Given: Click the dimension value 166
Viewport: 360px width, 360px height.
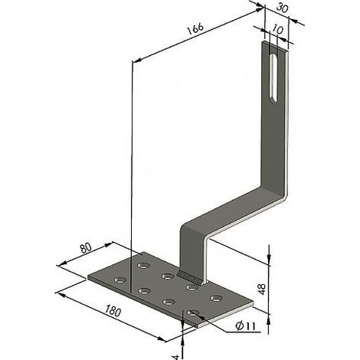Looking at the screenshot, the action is (x=195, y=29).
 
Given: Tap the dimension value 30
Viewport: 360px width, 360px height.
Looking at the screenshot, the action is (x=282, y=8).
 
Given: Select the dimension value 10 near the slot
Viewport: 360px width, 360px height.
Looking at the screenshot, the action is (x=277, y=30).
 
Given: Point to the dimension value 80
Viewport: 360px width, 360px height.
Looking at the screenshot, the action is (x=86, y=248).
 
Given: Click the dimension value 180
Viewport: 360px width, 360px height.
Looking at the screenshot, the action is (x=113, y=311).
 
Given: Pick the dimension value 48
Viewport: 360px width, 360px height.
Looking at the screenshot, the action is (x=262, y=289).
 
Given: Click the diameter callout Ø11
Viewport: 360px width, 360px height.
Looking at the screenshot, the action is (x=246, y=326).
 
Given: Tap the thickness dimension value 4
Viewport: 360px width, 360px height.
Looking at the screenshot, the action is (x=176, y=357).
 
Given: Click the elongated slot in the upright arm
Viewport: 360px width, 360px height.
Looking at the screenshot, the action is (x=274, y=78).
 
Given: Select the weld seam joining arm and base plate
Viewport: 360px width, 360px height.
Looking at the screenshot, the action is (x=190, y=277).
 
